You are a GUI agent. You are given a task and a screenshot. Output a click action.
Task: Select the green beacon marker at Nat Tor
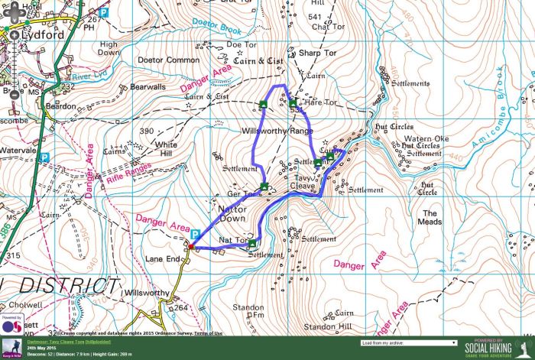click(x=252, y=243)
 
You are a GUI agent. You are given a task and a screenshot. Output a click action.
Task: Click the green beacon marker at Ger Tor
click(x=264, y=186)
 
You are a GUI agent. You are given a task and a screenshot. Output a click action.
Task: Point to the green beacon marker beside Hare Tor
click(x=292, y=103)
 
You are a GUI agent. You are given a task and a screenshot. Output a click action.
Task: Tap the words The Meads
click(x=430, y=217)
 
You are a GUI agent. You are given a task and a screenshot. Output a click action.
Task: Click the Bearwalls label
click(x=148, y=87)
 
